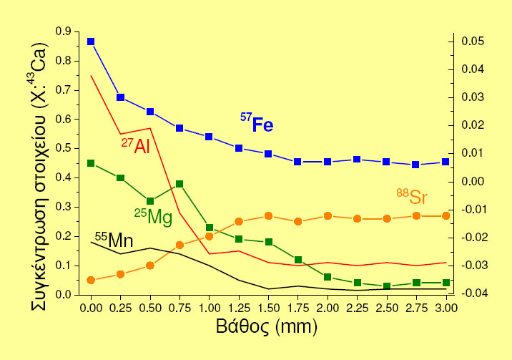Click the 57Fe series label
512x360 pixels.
[257, 124]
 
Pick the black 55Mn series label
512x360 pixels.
[114, 240]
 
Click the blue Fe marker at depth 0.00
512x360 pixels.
[91, 42]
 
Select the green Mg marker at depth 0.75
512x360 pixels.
[179, 184]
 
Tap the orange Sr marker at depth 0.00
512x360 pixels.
[91, 280]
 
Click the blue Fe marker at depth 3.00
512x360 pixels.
[445, 162]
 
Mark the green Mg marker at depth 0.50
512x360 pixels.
[150, 201]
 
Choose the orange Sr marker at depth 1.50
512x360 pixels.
[268, 215]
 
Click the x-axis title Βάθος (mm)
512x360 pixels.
[266, 329]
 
